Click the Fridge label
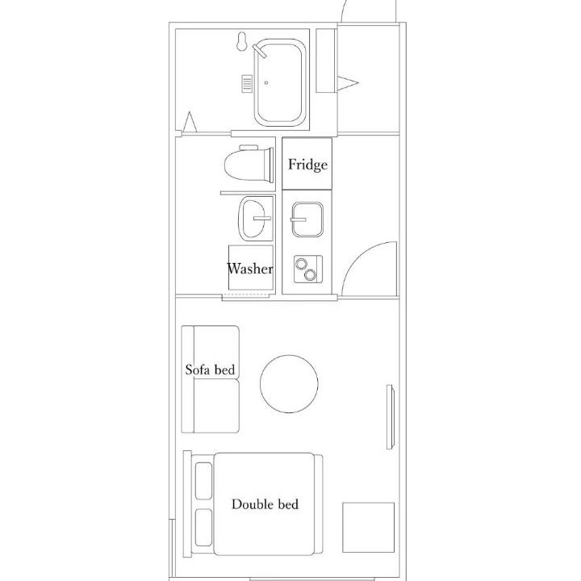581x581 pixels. (307, 165)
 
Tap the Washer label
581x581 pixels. (250, 268)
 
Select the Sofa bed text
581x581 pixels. (210, 370)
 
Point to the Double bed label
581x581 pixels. (265, 504)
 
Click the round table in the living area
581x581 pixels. (289, 384)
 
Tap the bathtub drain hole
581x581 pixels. (266, 82)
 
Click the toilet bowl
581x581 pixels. (246, 165)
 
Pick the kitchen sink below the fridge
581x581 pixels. (307, 219)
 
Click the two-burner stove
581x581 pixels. (308, 270)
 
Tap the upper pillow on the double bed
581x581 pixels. (203, 481)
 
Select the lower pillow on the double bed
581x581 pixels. (203, 527)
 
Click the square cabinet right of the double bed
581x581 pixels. (368, 527)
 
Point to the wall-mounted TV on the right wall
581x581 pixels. (390, 417)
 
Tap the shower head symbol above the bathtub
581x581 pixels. (242, 41)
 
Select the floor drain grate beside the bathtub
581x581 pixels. (247, 83)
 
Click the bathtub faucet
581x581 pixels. (259, 51)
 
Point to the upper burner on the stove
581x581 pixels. (300, 263)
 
